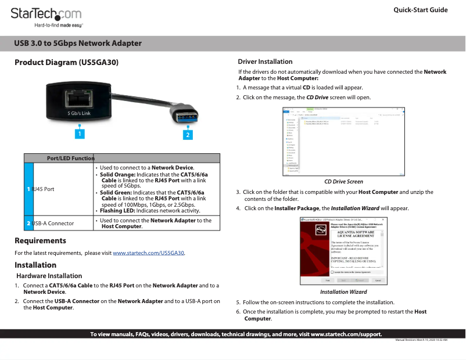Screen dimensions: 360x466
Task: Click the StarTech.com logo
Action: tap(46, 14)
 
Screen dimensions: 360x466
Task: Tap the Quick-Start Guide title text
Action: tap(420, 10)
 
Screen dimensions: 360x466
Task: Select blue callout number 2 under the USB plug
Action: tap(187, 135)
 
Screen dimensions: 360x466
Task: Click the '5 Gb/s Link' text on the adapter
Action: tap(79, 113)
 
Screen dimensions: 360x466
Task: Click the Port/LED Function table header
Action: tap(70, 158)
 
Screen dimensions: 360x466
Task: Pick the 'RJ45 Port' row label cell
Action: tap(44, 189)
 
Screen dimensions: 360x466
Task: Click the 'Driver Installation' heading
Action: tap(265, 62)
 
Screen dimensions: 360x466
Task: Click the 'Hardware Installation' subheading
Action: tap(49, 276)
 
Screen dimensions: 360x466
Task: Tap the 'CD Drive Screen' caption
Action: tap(343, 182)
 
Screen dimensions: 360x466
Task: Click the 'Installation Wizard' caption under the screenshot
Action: tap(343, 292)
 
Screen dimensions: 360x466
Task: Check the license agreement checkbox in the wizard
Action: tap(332, 271)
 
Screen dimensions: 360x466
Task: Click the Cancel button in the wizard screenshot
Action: tap(378, 280)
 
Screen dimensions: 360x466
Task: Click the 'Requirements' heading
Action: tap(40, 240)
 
